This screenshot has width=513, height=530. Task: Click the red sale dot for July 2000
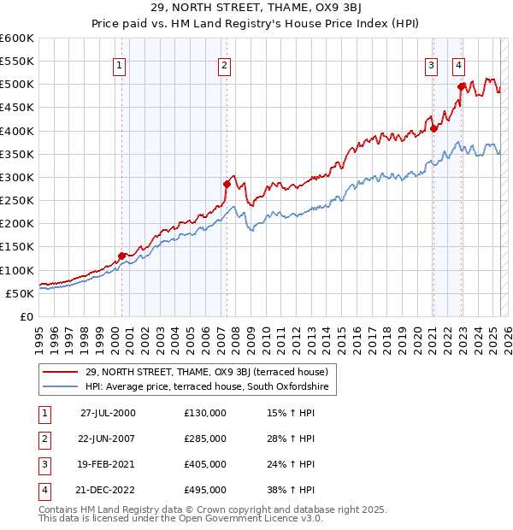pos(122,256)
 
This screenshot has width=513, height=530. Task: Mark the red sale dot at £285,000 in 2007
pos(227,184)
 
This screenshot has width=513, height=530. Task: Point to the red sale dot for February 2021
pos(433,128)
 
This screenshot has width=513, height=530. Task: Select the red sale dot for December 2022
pos(462,86)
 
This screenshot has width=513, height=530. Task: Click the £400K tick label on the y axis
pos(17,131)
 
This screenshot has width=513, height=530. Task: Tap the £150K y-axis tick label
pos(17,247)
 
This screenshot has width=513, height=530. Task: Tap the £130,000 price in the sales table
pos(205,413)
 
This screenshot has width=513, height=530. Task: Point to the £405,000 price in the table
pos(205,464)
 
